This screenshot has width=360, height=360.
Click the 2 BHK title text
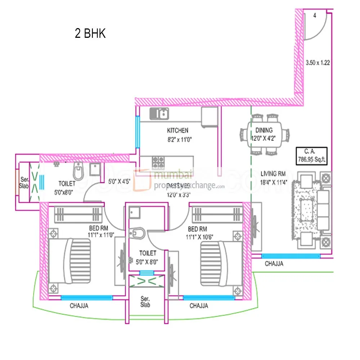[90, 33]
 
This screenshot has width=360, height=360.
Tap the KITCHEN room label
[177, 130]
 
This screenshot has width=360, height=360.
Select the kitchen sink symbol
[159, 114]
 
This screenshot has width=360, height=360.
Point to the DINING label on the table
[264, 130]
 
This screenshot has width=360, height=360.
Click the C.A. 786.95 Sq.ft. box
[311, 155]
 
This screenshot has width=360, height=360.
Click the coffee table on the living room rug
[307, 208]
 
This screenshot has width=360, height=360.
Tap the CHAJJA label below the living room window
[274, 264]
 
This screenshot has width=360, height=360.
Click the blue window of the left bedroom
[86, 297]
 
